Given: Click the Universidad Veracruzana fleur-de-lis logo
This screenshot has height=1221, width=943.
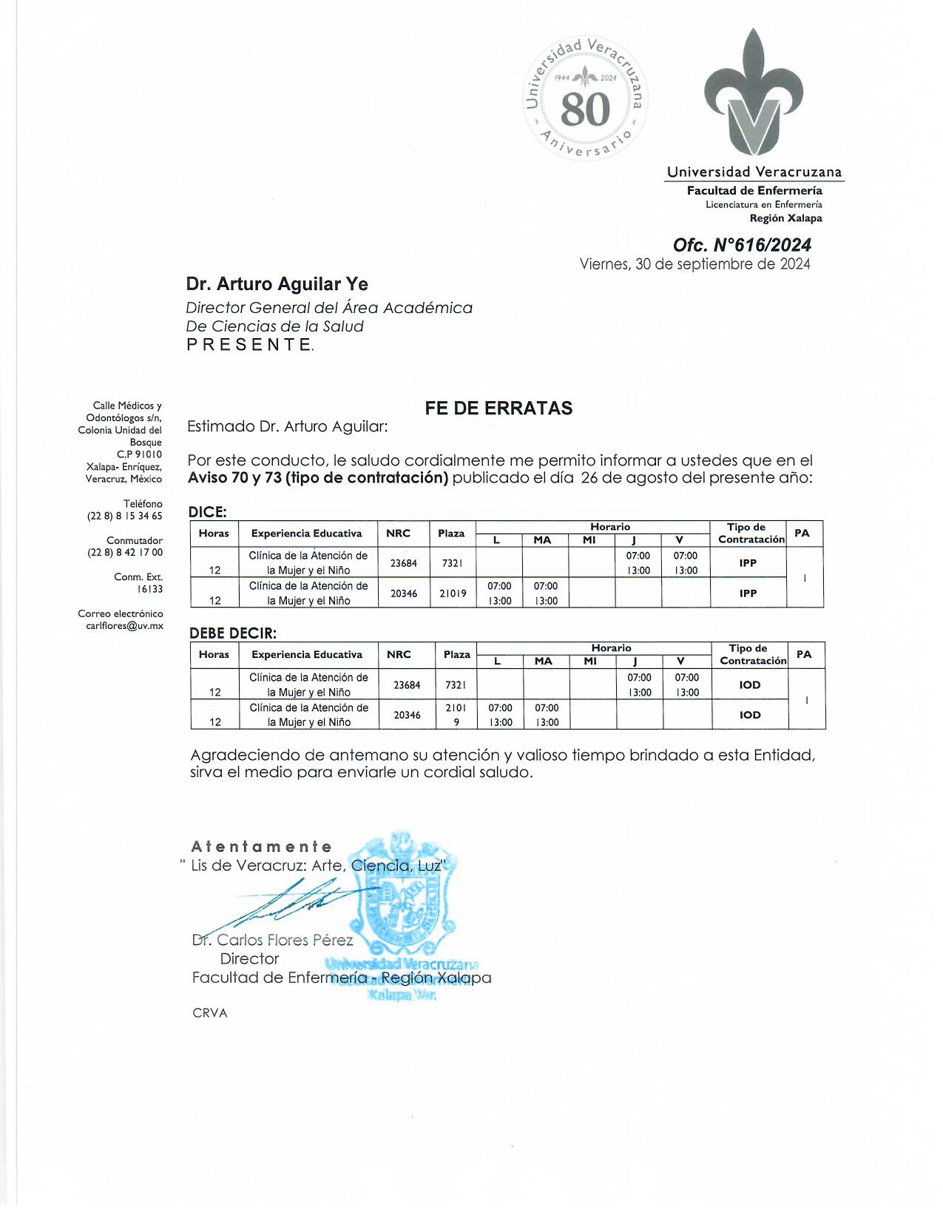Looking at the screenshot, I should [x=754, y=92].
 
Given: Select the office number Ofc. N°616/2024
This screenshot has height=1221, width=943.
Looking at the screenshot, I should [x=742, y=245].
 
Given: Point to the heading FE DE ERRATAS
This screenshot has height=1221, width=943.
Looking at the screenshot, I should [x=498, y=408].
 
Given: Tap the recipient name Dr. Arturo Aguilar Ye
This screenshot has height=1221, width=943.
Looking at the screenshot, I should [x=277, y=284].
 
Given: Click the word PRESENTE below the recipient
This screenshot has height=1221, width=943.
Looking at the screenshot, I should [x=249, y=345].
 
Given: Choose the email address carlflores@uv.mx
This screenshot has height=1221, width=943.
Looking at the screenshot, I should [x=124, y=626].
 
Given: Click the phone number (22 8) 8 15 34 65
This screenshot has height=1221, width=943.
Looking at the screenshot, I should [x=124, y=516].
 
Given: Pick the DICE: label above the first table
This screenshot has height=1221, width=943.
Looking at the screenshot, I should [x=208, y=512].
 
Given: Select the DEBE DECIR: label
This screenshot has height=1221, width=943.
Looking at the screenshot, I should [x=233, y=633].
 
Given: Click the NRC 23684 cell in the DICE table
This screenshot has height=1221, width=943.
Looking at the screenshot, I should [x=404, y=563].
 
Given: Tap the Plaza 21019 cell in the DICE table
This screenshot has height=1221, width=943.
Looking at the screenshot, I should [x=453, y=593].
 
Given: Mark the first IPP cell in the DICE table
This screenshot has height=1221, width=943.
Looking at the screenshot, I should [x=748, y=563].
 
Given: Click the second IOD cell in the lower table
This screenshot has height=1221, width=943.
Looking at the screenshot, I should [x=750, y=715].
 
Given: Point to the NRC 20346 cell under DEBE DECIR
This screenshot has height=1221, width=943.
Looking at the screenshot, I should [x=407, y=715].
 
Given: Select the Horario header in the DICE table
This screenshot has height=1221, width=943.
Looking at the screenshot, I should [x=610, y=527].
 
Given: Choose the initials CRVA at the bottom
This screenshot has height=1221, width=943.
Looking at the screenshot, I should [x=210, y=1013].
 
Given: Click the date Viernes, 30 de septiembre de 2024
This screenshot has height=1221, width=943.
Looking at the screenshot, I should [x=694, y=264].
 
